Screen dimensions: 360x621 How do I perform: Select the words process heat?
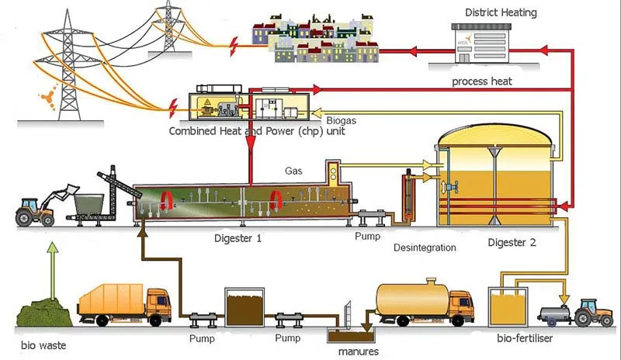pos(481,81)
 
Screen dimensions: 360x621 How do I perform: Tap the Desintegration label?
pos(425,248)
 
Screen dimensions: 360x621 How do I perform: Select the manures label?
pos(358,351)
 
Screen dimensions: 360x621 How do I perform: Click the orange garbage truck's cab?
pos(158,303)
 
